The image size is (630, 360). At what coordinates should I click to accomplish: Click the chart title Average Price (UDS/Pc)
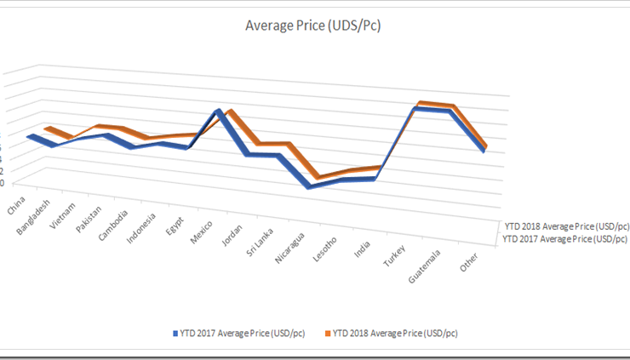312,26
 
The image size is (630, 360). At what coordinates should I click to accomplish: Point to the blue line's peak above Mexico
219,112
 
